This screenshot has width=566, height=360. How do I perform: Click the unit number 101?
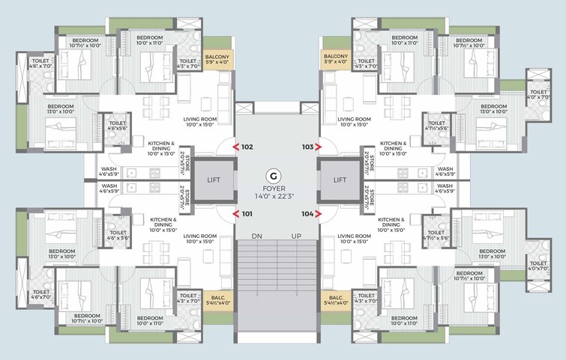coord(248,214)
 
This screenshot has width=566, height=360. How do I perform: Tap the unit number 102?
coord(248,147)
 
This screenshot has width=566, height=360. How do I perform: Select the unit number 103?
coord(307,147)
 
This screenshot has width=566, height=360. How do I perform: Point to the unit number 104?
coord(307,214)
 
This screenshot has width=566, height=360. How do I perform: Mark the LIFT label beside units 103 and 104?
coord(340,180)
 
